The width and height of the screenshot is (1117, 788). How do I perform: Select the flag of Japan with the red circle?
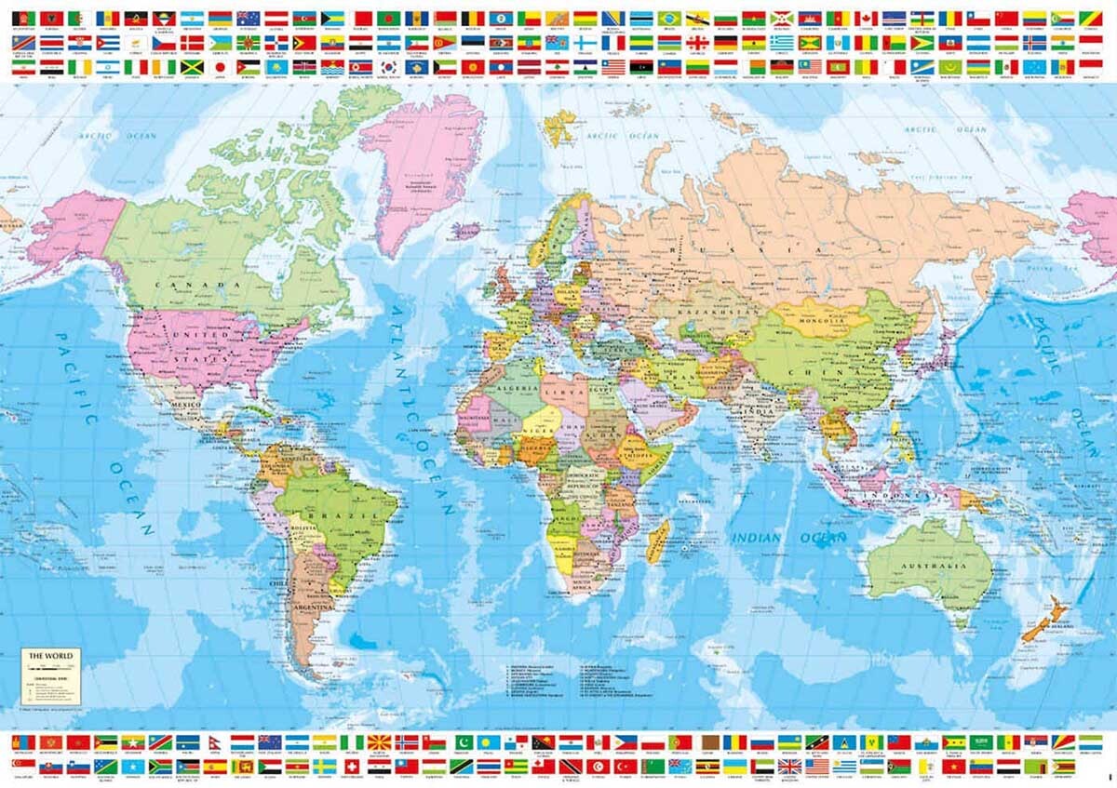point(222,67)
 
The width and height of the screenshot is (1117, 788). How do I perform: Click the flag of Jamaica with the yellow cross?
point(193,67)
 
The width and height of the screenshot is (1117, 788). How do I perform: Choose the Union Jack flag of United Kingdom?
point(789,766)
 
